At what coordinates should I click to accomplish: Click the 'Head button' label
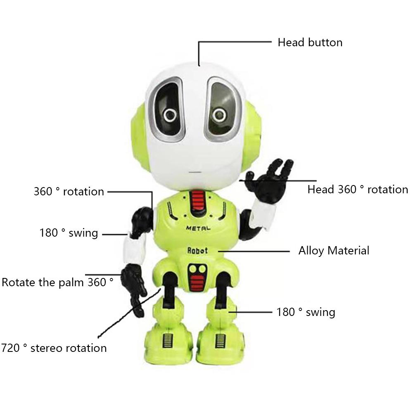(310, 43)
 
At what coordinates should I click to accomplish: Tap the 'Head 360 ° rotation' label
(358, 190)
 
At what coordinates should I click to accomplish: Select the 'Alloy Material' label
(334, 251)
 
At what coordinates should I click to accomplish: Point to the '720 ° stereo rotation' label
(54, 348)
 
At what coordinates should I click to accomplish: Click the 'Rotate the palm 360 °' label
(57, 282)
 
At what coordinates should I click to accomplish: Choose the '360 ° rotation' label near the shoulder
(69, 192)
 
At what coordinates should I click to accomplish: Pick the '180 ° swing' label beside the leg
(306, 312)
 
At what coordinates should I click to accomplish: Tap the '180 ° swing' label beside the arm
(69, 233)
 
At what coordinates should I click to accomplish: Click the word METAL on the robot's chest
(198, 228)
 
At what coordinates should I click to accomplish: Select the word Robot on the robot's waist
(197, 251)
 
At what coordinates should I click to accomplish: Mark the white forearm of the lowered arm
(135, 249)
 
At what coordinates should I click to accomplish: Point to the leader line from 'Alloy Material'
(254, 251)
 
